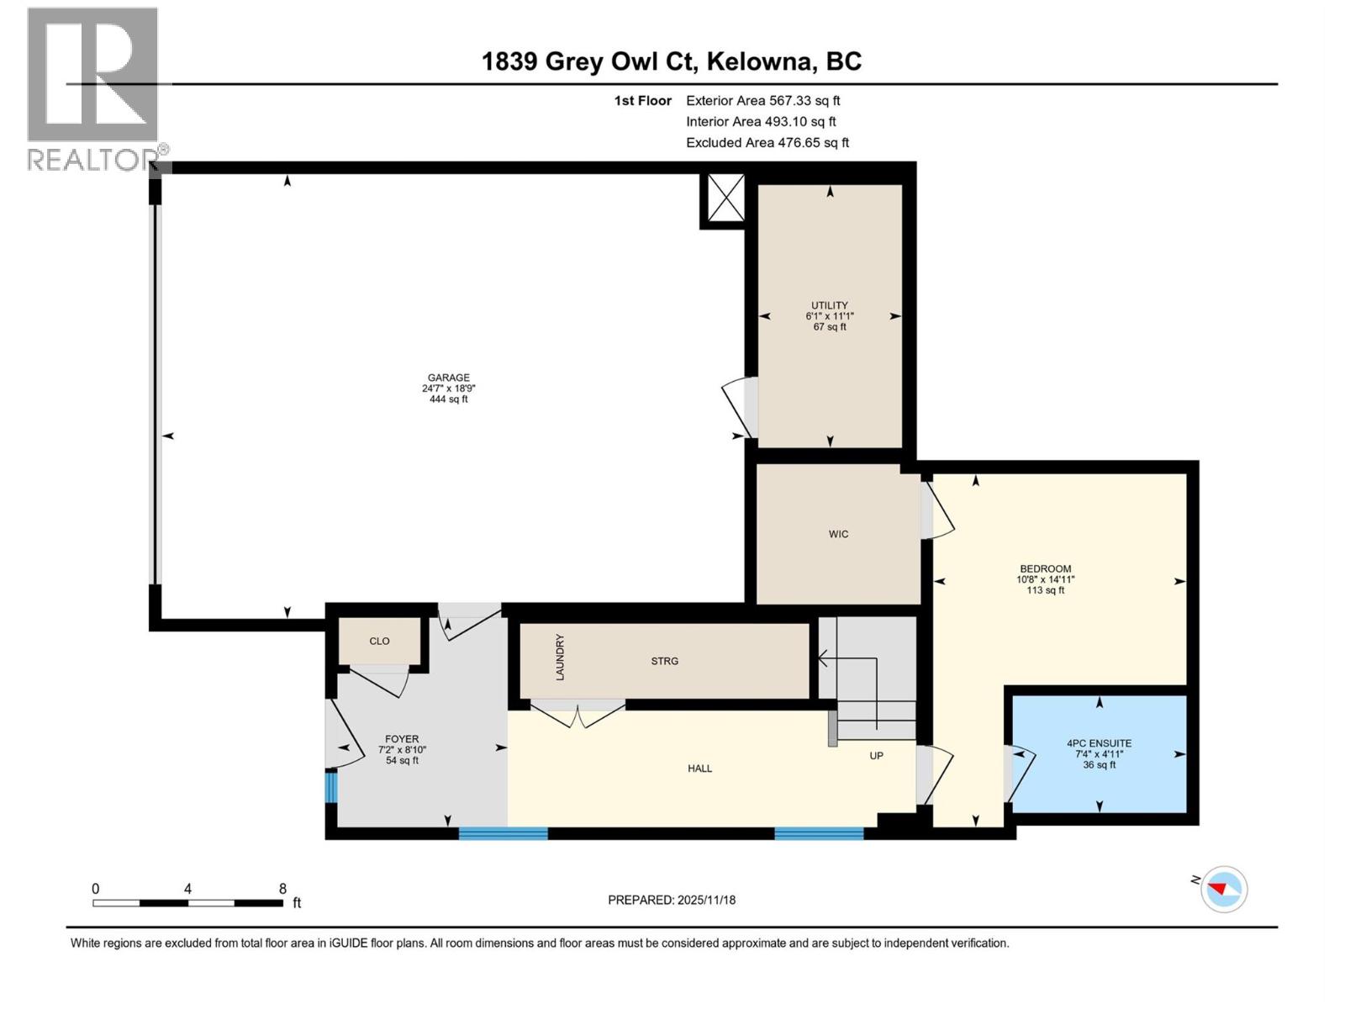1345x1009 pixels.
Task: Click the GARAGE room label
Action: pyautogui.click(x=448, y=378)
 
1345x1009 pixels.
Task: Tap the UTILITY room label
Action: pyautogui.click(x=829, y=306)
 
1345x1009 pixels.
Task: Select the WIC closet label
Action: pyautogui.click(x=838, y=535)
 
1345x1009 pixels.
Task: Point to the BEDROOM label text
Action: pyautogui.click(x=1045, y=569)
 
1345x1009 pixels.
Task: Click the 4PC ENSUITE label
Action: pyautogui.click(x=1099, y=744)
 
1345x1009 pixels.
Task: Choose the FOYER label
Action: pyautogui.click(x=402, y=740)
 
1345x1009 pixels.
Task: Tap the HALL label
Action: pyautogui.click(x=699, y=769)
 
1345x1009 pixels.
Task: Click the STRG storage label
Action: pyautogui.click(x=664, y=662)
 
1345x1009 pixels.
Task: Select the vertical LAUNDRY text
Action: pyautogui.click(x=560, y=658)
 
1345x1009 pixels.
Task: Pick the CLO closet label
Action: pyautogui.click(x=379, y=642)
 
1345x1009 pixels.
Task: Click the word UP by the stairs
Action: pyautogui.click(x=876, y=756)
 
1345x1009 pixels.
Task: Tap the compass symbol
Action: pyautogui.click(x=1223, y=889)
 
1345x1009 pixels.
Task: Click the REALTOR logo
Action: pyautogui.click(x=94, y=88)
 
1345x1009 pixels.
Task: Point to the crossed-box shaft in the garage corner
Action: pyautogui.click(x=725, y=199)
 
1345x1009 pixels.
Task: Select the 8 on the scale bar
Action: pyautogui.click(x=282, y=889)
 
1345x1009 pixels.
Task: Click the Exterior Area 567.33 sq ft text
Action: pyautogui.click(x=762, y=101)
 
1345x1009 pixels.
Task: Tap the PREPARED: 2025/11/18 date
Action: pyautogui.click(x=672, y=901)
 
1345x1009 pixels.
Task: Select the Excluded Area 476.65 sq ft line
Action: pyautogui.click(x=767, y=143)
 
